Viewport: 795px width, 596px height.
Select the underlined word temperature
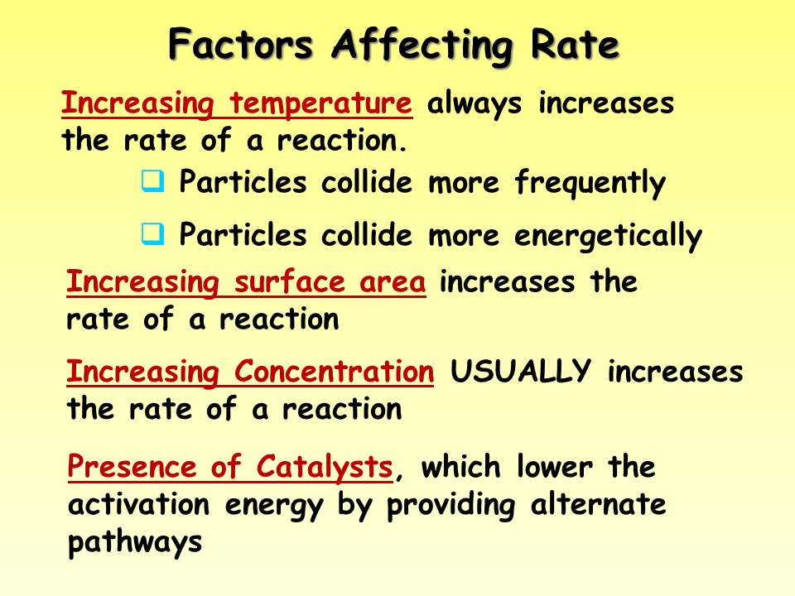(x=320, y=105)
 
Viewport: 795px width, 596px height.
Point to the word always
(x=475, y=105)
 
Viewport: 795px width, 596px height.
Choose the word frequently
(x=590, y=183)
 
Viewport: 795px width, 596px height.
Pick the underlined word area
(x=393, y=282)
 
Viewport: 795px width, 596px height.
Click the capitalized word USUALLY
(x=521, y=372)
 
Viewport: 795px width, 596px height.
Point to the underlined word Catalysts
(x=325, y=467)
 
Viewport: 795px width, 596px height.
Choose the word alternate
(x=598, y=504)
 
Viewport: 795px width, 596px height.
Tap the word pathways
(x=135, y=542)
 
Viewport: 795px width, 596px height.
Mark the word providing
(x=448, y=506)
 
